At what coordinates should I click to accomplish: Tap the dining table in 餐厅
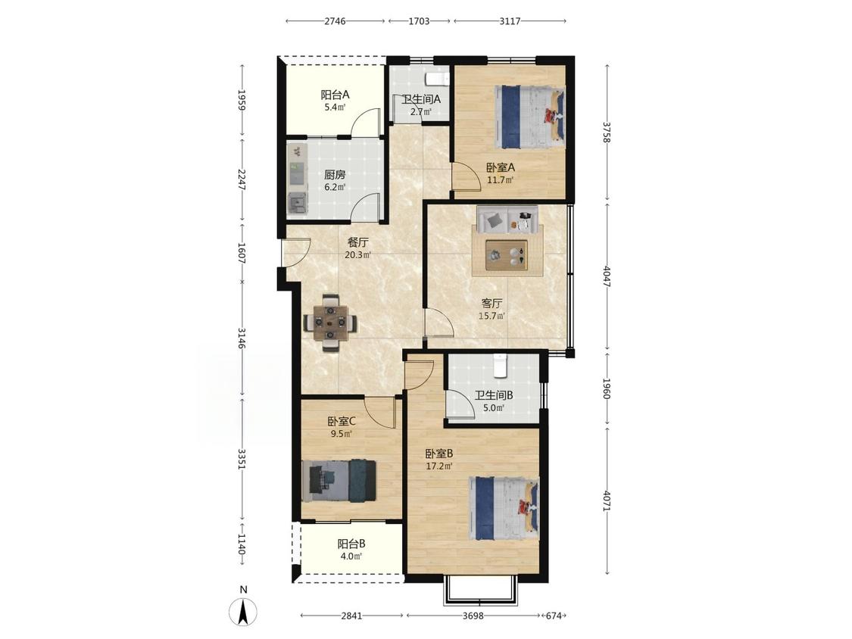(330, 323)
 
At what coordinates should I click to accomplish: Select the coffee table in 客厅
(507, 254)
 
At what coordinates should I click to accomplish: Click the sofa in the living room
(507, 220)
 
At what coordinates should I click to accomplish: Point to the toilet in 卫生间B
(500, 365)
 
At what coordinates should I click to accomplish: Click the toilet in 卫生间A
(438, 79)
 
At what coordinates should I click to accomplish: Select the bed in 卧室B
(504, 508)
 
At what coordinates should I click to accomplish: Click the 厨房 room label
(335, 175)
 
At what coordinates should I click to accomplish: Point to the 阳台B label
(351, 544)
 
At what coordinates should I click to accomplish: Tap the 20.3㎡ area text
(358, 254)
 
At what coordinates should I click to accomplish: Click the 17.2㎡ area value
(439, 466)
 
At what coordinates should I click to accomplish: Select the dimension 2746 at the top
(335, 21)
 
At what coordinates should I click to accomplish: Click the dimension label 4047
(607, 276)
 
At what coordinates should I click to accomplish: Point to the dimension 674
(553, 616)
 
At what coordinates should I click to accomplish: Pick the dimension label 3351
(242, 458)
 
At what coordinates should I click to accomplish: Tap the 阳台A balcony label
(335, 95)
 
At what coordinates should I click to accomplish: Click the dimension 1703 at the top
(418, 21)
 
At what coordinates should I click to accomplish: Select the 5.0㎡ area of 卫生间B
(494, 407)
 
